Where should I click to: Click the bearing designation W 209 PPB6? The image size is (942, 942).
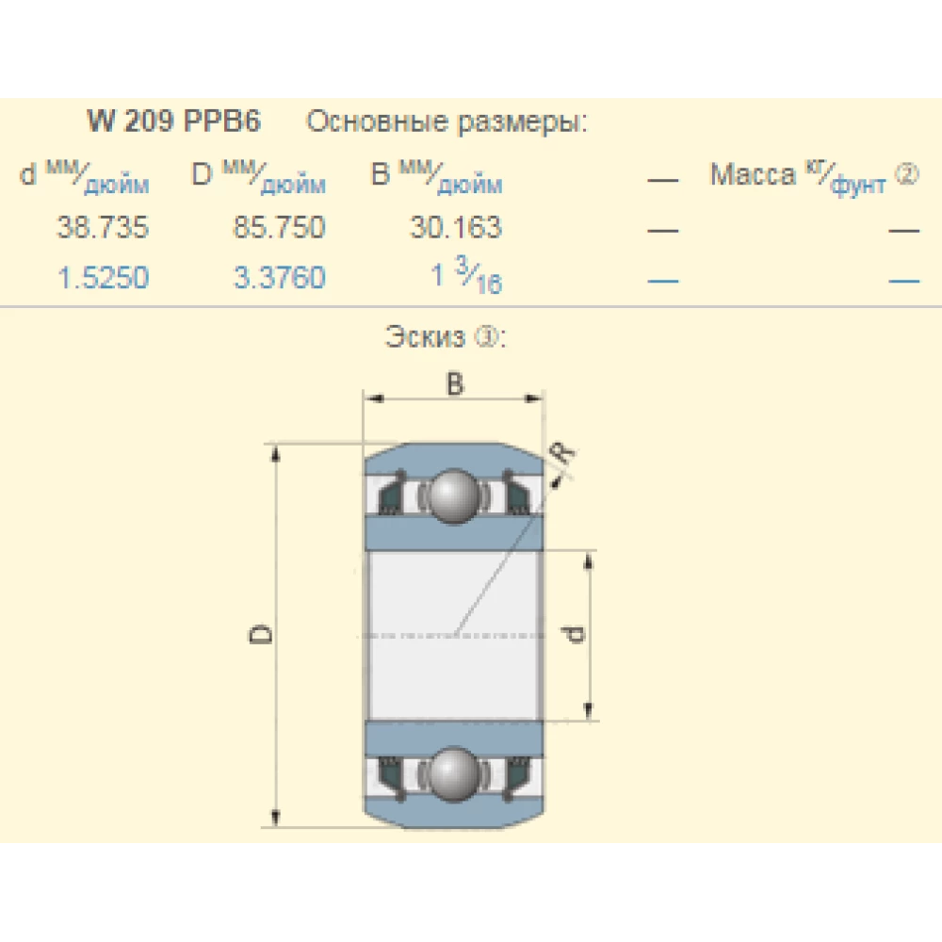(x=173, y=121)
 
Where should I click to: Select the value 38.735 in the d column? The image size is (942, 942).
(x=103, y=227)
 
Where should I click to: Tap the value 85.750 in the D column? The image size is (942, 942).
(x=280, y=227)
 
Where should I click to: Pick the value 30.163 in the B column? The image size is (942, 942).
(x=456, y=227)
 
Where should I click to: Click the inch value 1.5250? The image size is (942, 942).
(x=103, y=278)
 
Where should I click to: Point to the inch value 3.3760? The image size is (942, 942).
(x=280, y=278)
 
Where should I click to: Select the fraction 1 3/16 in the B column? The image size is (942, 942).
(x=466, y=275)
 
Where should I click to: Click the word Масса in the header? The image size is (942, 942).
(x=753, y=175)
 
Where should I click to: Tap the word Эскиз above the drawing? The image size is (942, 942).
(x=425, y=337)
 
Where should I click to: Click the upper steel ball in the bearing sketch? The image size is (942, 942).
(x=454, y=496)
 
